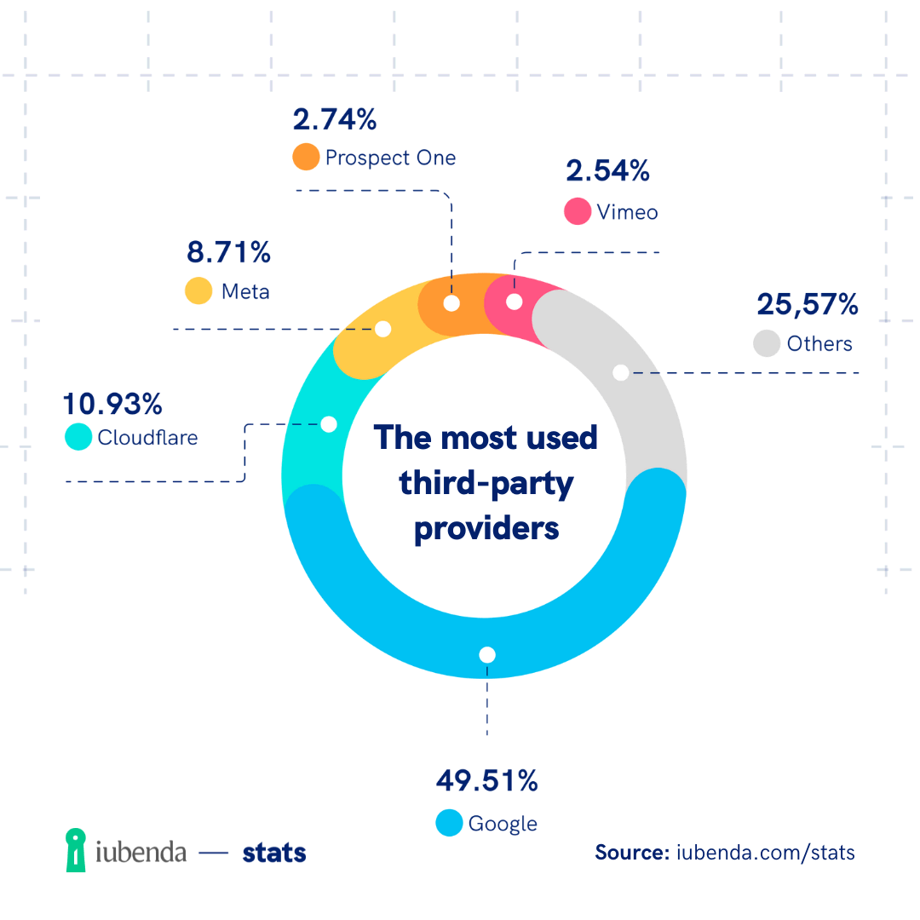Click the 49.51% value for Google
[486, 780]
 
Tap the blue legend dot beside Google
[449, 823]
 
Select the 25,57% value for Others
[807, 304]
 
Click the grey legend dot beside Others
[767, 343]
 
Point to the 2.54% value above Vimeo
[607, 170]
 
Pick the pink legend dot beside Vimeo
[578, 211]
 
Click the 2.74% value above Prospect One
[334, 119]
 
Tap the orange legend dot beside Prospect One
[305, 158]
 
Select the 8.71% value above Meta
[227, 252]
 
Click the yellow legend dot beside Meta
[198, 290]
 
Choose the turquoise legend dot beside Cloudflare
[78, 437]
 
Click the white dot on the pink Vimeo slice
[514, 302]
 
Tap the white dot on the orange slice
[451, 302]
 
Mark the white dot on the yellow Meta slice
[383, 328]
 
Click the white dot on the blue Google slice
[486, 654]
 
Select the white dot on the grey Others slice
[621, 372]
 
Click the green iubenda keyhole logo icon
[77, 850]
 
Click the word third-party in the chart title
[486, 484]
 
